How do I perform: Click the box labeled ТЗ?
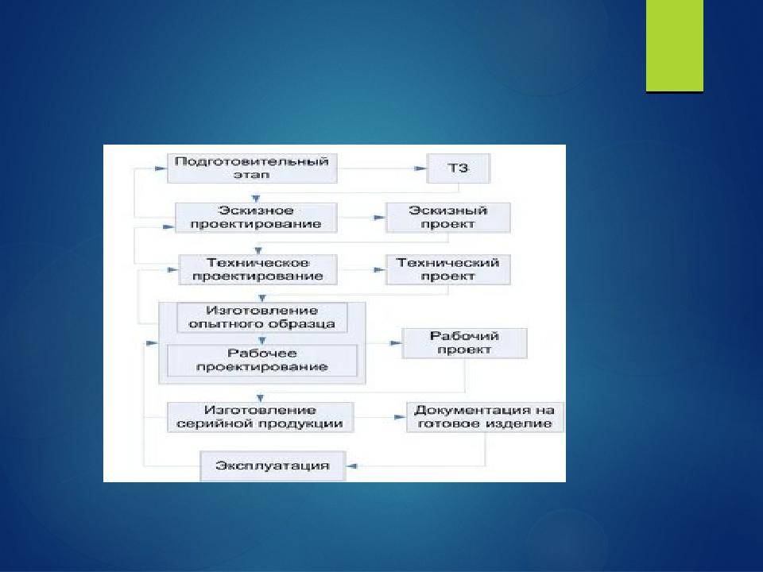[458, 168]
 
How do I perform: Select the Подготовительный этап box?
[252, 168]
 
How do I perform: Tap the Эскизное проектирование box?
[256, 218]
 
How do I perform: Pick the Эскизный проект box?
[447, 218]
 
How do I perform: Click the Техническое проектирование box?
[258, 269]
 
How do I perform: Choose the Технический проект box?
[447, 269]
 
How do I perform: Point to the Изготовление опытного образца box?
[261, 318]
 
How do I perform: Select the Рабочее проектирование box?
[261, 361]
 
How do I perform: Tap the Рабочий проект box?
[464, 343]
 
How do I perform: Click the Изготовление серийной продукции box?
[260, 417]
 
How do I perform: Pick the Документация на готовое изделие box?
[485, 417]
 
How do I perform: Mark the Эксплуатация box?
[273, 466]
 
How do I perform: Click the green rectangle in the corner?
[675, 46]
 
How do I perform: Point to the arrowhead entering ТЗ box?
[420, 168]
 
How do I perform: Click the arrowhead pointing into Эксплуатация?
[351, 466]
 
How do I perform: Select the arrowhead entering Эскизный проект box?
[380, 218]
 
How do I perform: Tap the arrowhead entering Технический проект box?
[380, 269]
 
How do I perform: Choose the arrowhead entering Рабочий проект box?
[396, 343]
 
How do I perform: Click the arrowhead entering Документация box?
[400, 417]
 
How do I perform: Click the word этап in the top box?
[252, 175]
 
